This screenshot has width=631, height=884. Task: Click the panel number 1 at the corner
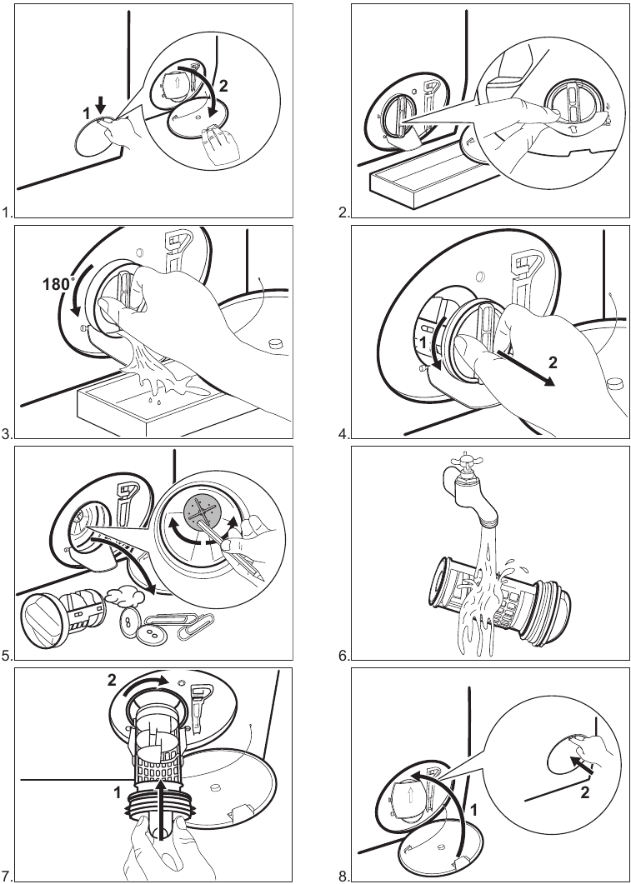(7, 213)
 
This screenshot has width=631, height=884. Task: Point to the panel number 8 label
(343, 876)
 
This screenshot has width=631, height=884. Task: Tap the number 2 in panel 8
(584, 792)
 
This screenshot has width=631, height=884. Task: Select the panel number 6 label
(343, 657)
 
